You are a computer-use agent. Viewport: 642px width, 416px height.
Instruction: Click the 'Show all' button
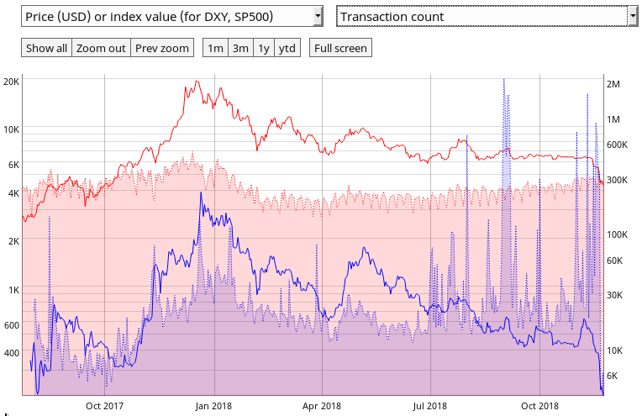tap(46, 48)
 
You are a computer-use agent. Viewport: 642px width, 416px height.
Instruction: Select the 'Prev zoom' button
tap(162, 48)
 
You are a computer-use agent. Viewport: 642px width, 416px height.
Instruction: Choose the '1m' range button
tap(215, 48)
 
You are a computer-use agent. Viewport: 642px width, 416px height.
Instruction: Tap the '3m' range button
tap(240, 48)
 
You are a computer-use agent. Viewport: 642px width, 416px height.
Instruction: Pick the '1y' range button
tap(264, 48)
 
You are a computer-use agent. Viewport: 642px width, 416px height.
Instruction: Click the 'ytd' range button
tap(287, 48)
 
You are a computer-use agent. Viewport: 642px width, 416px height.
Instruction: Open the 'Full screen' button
tap(340, 48)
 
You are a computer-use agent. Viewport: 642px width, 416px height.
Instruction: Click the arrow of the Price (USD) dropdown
tap(317, 16)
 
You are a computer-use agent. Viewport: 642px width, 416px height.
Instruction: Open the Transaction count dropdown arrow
tap(632, 16)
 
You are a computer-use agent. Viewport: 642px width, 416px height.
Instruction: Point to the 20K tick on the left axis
tap(12, 82)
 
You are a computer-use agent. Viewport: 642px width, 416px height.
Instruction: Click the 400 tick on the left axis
tap(11, 353)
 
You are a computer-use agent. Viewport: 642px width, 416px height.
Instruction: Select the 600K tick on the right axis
tap(618, 145)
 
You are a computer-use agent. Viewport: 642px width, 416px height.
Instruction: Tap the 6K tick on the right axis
tap(614, 376)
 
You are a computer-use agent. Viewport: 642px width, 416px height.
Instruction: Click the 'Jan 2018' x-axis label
tap(213, 405)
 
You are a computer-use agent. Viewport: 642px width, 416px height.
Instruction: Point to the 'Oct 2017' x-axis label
tap(104, 405)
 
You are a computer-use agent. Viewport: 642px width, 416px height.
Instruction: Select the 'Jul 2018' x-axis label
tap(430, 405)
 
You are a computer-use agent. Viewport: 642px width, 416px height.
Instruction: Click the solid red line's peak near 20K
tap(196, 82)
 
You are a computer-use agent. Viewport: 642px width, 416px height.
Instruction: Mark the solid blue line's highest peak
tap(200, 192)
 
